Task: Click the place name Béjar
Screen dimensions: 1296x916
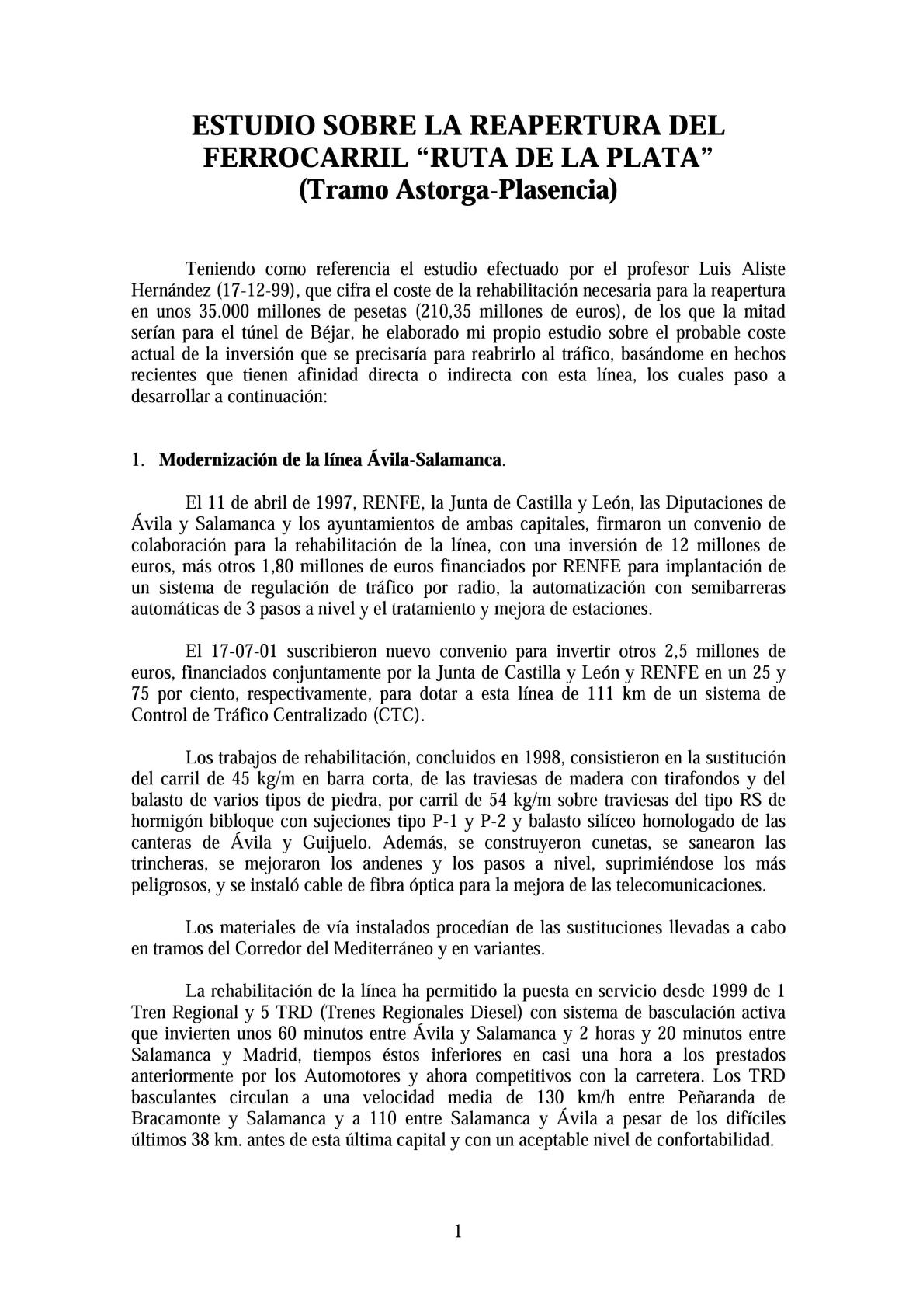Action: pos(310,333)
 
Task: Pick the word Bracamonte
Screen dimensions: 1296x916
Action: pos(174,1119)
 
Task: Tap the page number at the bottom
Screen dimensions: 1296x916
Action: pos(458,1232)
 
